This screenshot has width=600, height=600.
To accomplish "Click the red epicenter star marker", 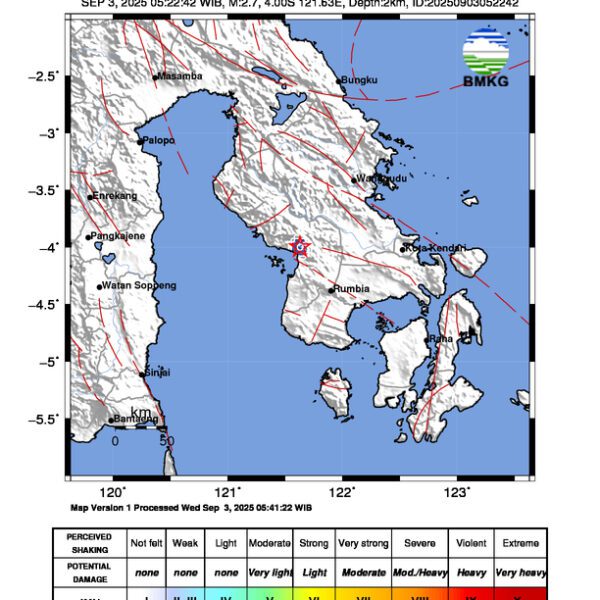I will point(298,246).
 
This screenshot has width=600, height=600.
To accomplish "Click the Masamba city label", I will point(181,76).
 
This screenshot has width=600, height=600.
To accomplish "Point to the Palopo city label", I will point(159,141).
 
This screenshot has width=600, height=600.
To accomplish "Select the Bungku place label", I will point(358,79).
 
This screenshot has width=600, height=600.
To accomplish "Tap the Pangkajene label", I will point(119,236).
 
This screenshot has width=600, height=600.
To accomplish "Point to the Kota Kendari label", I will point(436,248).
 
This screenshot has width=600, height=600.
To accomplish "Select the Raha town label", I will point(440,339).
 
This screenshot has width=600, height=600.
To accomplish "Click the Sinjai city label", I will point(157,373).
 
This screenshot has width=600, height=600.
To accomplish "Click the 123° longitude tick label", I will point(457,491).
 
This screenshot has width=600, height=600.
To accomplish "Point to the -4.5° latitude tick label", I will point(45,304).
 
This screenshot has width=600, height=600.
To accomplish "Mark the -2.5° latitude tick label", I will point(45,75).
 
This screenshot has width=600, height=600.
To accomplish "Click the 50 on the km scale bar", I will point(167,440).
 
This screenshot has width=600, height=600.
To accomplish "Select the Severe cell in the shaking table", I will point(419,543).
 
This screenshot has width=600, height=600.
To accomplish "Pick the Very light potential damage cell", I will point(269,572).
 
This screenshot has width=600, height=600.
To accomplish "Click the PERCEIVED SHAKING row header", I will point(89,543).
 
